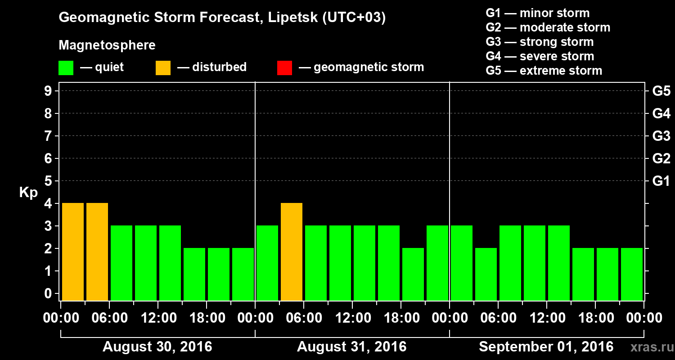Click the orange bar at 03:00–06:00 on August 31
coord(292,252)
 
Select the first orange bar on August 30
coord(73,252)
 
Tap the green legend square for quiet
coord(66,67)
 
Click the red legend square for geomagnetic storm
coord(284,67)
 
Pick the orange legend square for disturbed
coord(163,67)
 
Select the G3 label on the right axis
coord(661,136)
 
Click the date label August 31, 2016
coord(351,347)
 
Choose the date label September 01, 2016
coord(546,347)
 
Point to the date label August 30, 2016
coord(157,347)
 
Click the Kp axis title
coord(28,193)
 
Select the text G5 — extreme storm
coord(544,71)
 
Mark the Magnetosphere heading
coord(107,45)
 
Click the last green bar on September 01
coord(632,274)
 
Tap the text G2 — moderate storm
coord(548,27)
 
